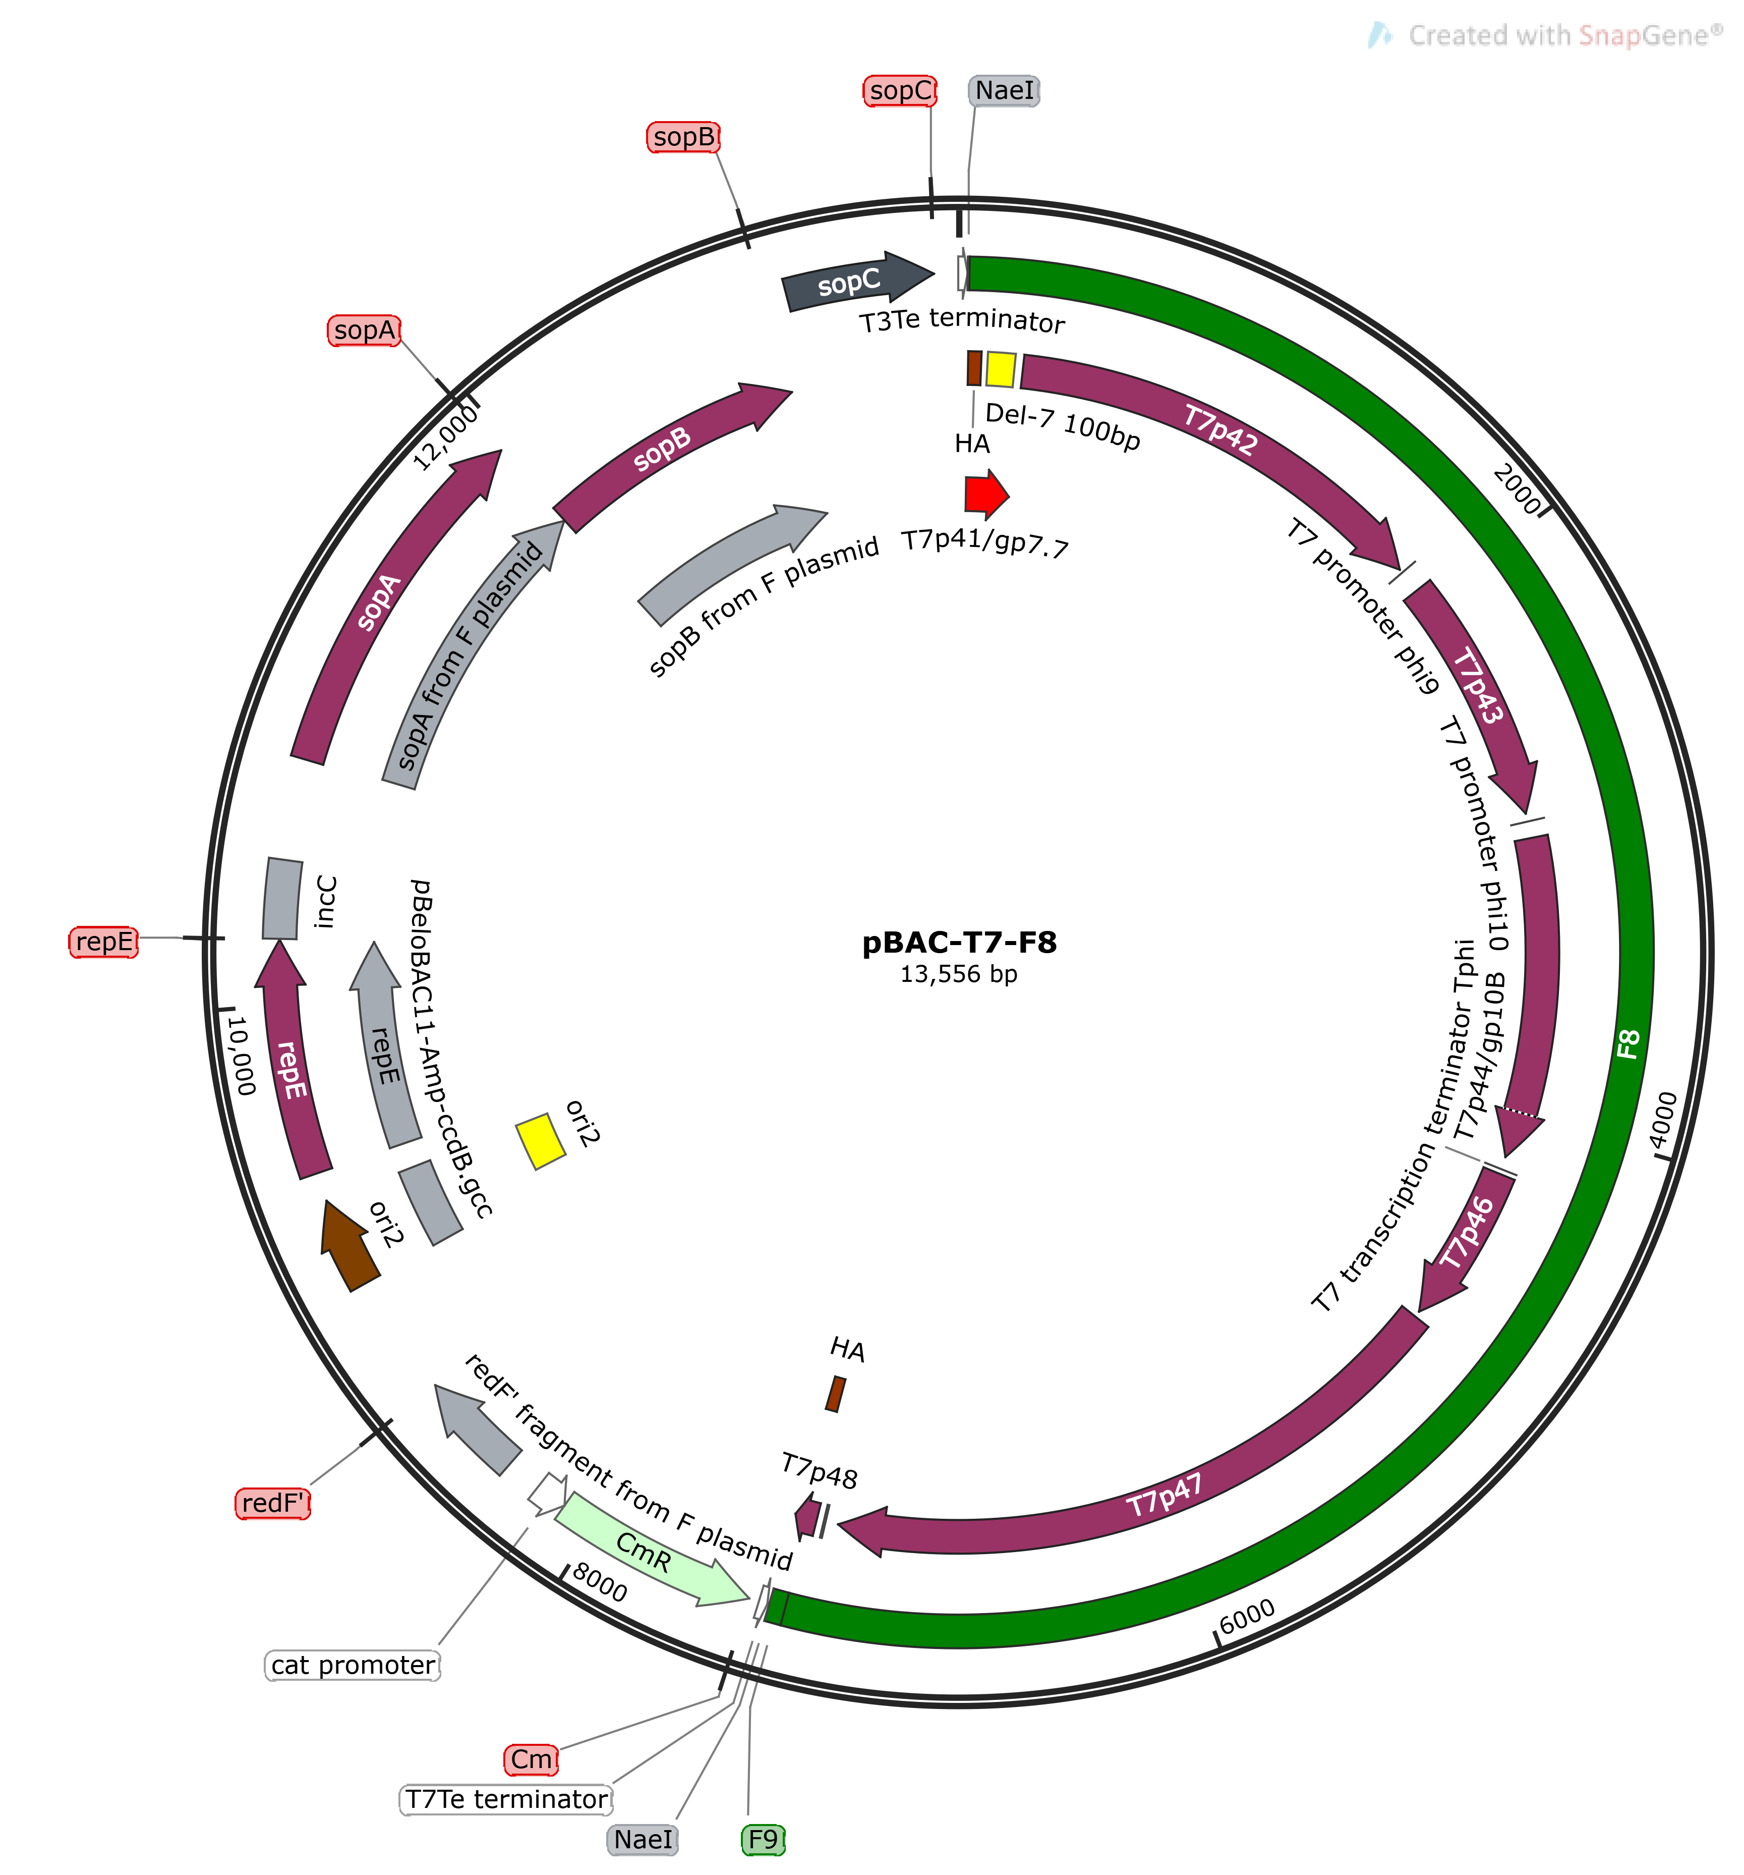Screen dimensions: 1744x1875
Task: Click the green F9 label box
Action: pyautogui.click(x=763, y=1839)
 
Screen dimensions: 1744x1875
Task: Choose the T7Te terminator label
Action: pyautogui.click(x=507, y=1799)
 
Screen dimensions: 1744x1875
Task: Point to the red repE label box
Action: pyautogui.click(x=104, y=941)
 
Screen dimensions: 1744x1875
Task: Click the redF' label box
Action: pyautogui.click(x=272, y=1503)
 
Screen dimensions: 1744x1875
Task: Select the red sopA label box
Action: pyautogui.click(x=365, y=330)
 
